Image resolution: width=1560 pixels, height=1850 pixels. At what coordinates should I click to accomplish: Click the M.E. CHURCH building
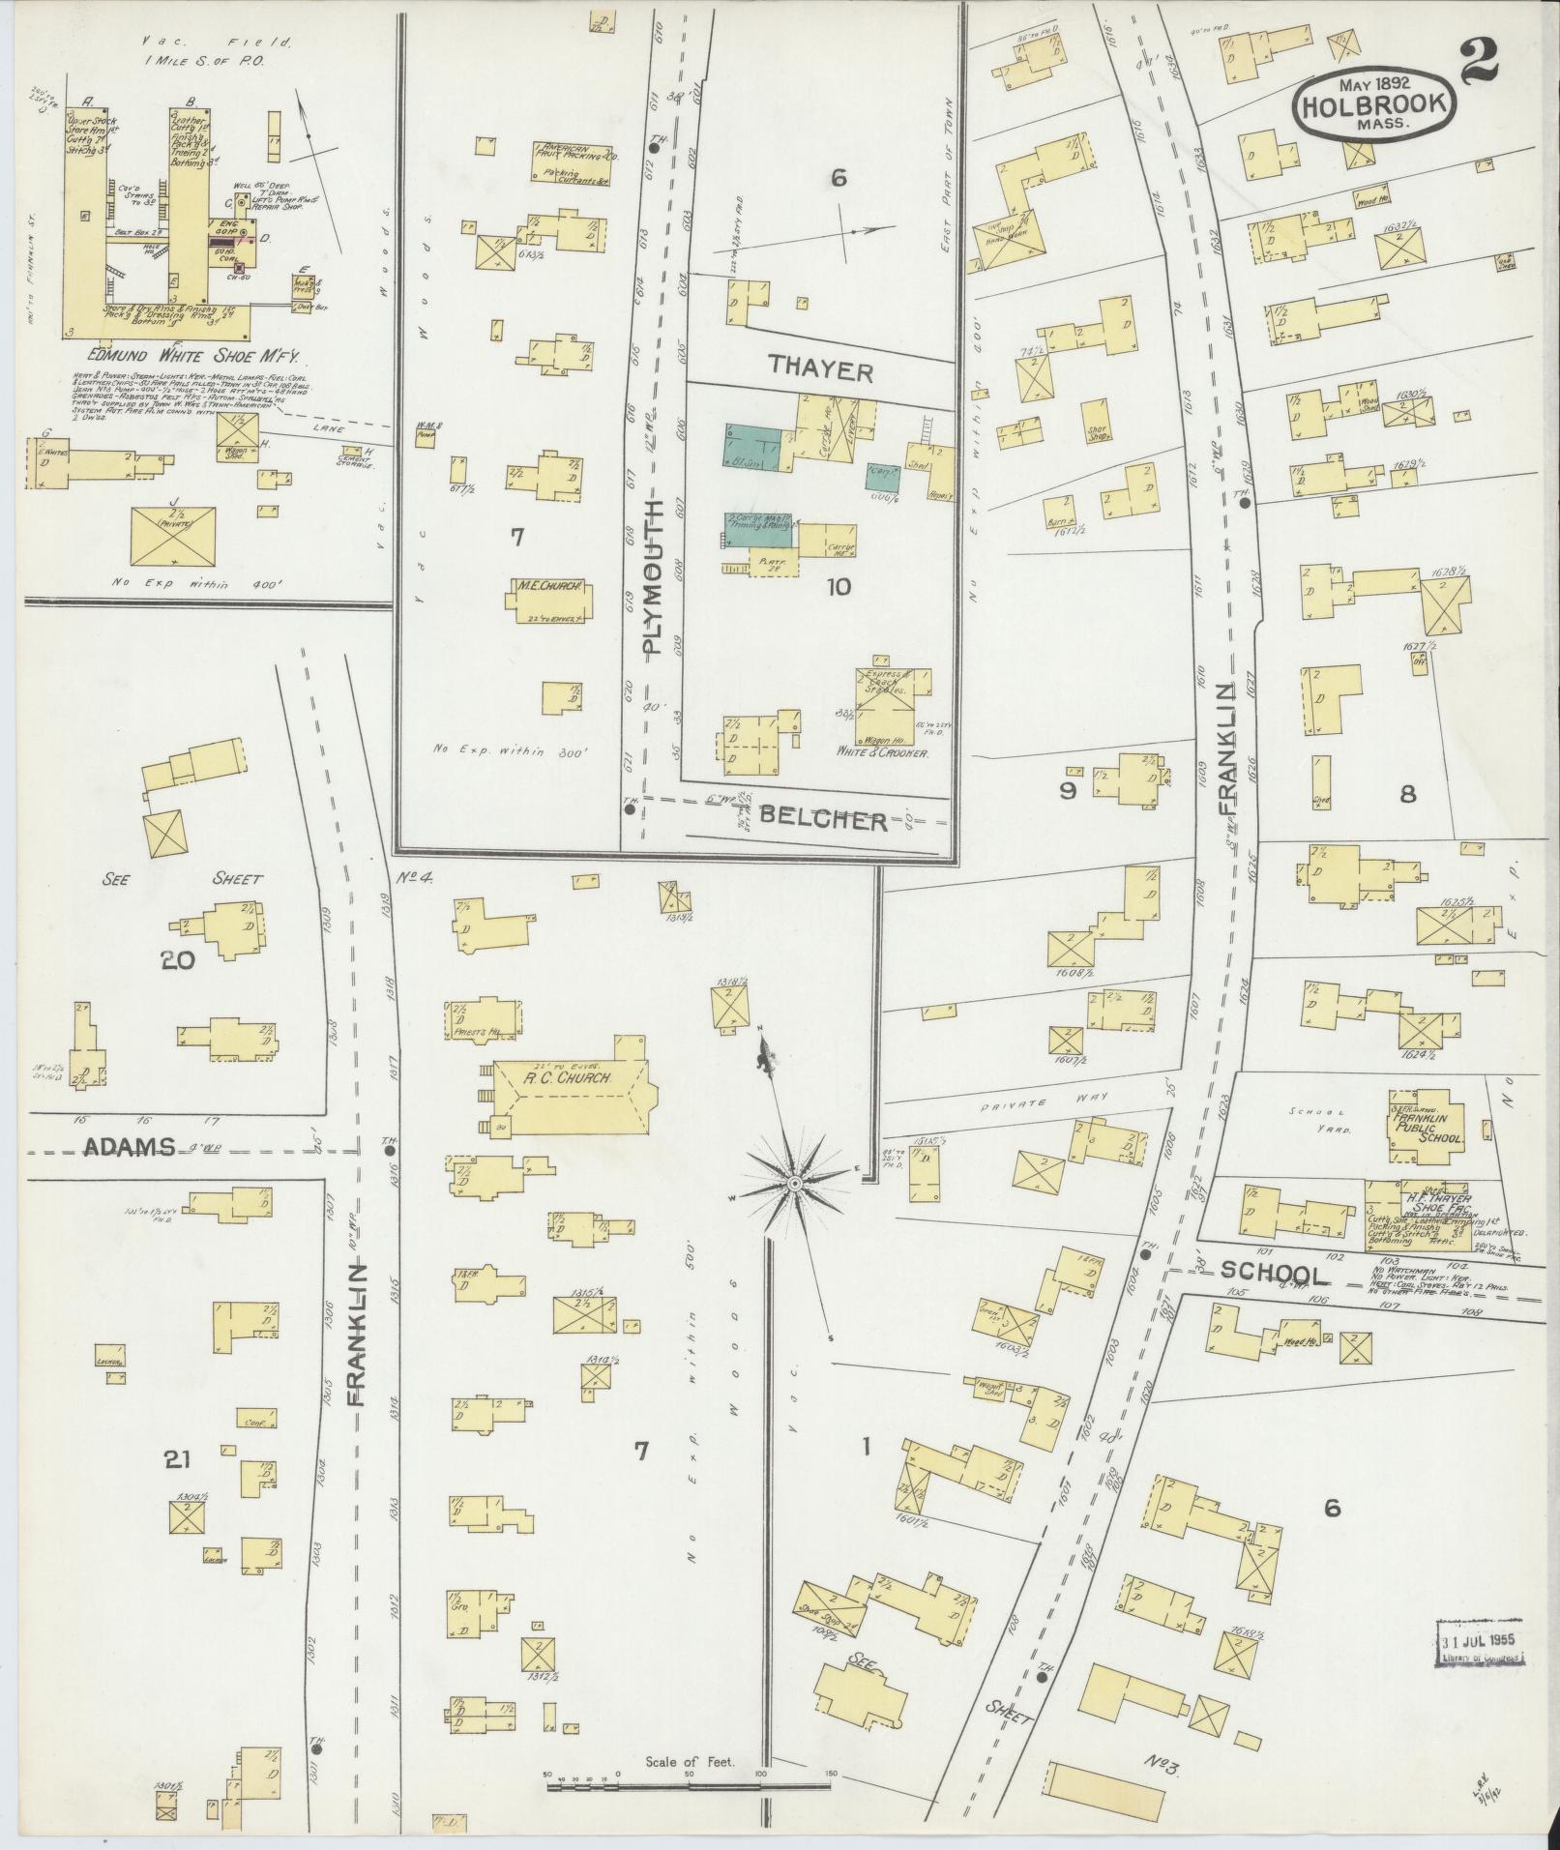pyautogui.click(x=547, y=599)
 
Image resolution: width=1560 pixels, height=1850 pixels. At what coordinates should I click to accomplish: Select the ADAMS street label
pyautogui.click(x=130, y=1147)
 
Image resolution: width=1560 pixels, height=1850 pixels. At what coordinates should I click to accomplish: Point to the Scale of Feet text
pyautogui.click(x=691, y=1762)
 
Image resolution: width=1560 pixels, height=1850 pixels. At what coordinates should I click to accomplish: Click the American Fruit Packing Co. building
pyautogui.click(x=574, y=162)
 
